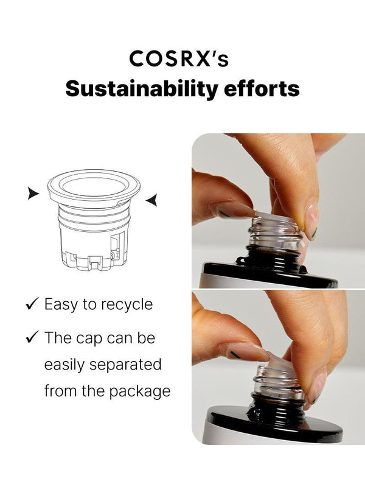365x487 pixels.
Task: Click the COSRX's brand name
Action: tap(179, 58)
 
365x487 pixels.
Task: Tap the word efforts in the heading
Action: tap(262, 88)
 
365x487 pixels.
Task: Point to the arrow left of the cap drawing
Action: tap(33, 193)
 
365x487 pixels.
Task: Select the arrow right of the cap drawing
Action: tap(151, 200)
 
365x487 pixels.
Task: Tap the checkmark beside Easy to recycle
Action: tap(32, 303)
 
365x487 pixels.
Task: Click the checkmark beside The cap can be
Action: tap(32, 337)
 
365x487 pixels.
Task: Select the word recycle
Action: tap(127, 305)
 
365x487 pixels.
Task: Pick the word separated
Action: tap(125, 365)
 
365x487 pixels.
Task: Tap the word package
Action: tap(140, 392)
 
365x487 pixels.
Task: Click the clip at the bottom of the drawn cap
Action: tap(95, 262)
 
